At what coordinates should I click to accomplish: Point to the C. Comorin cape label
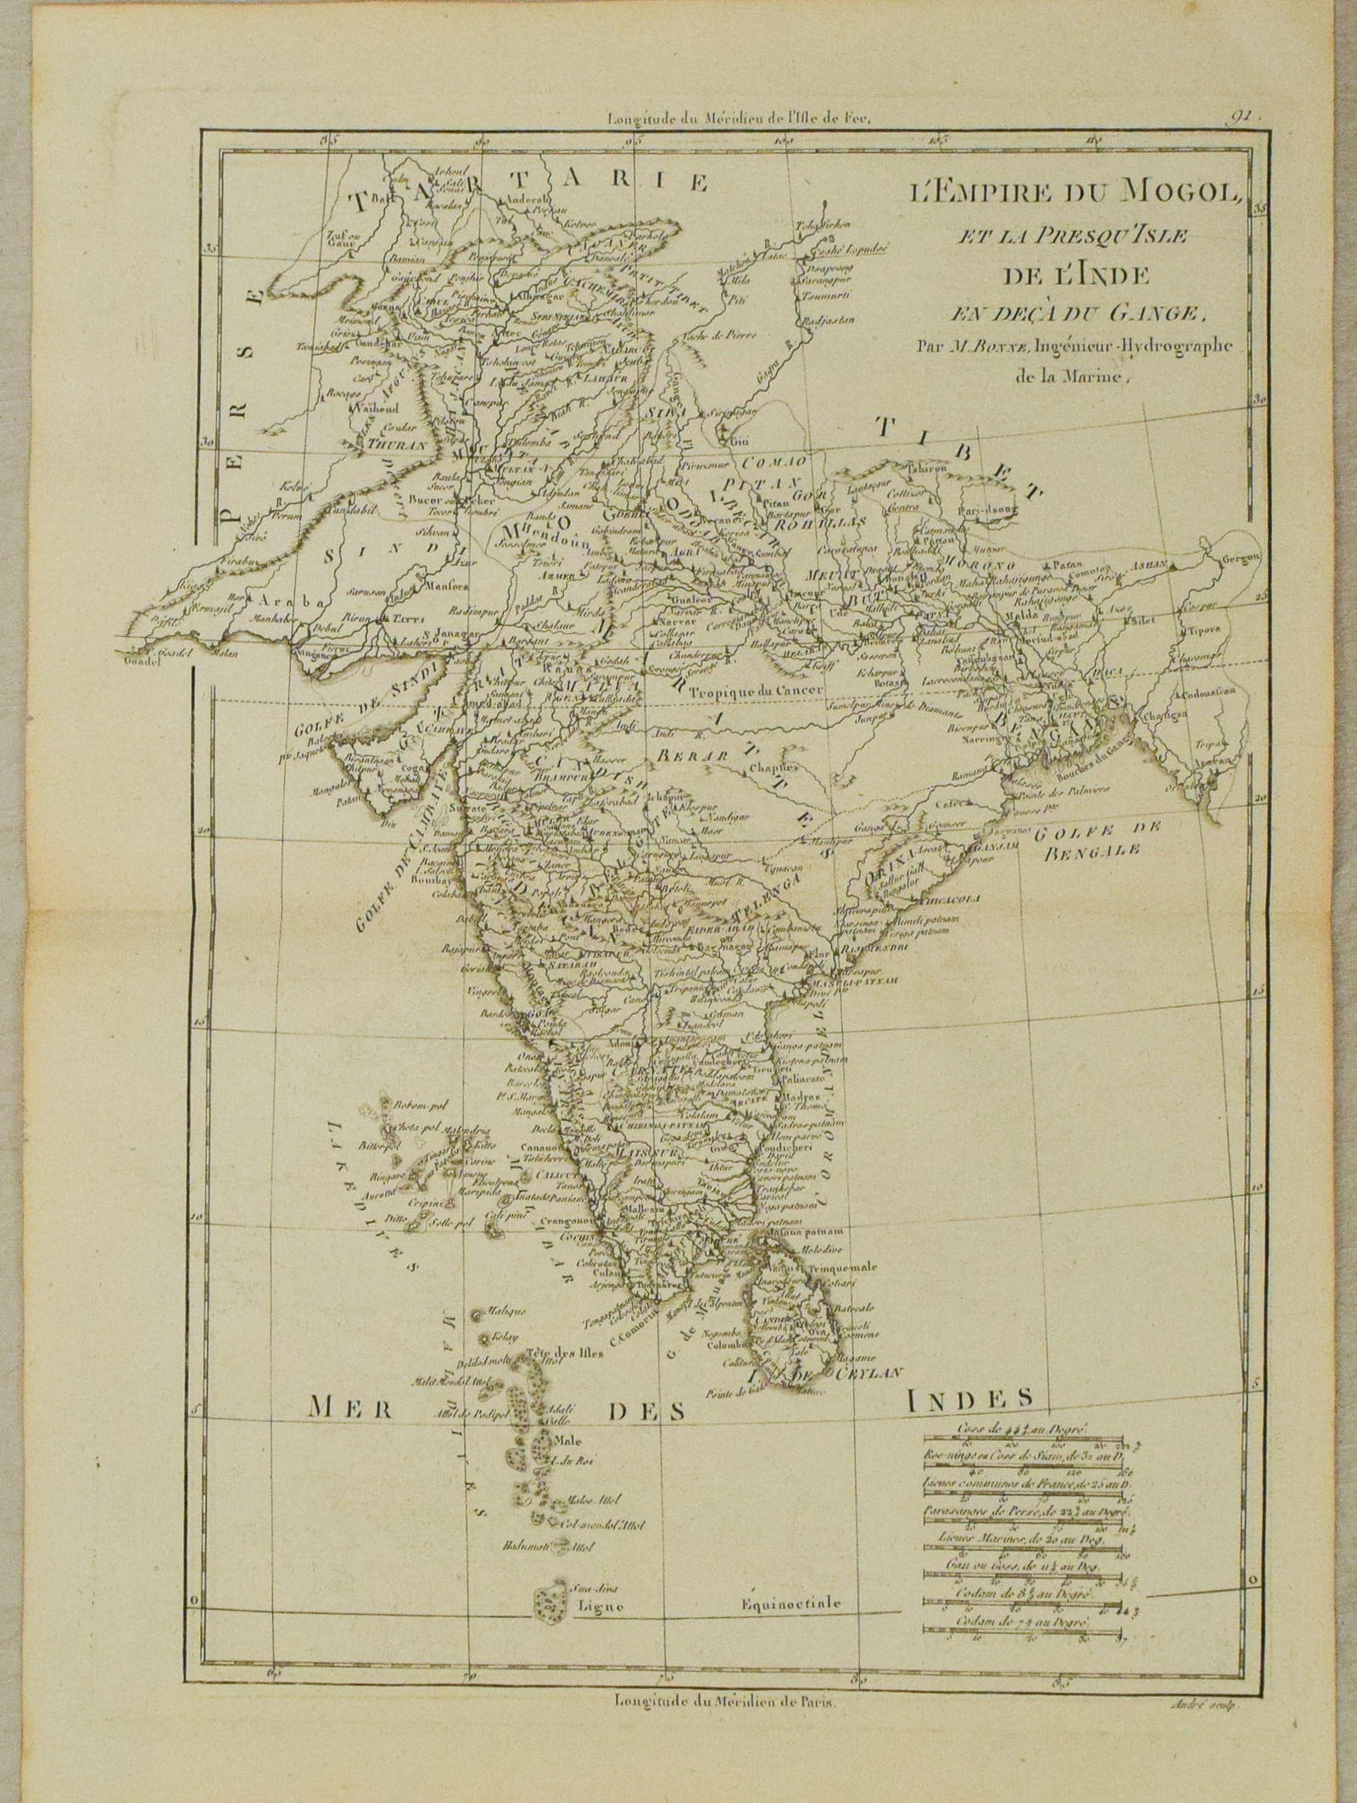click(629, 1333)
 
